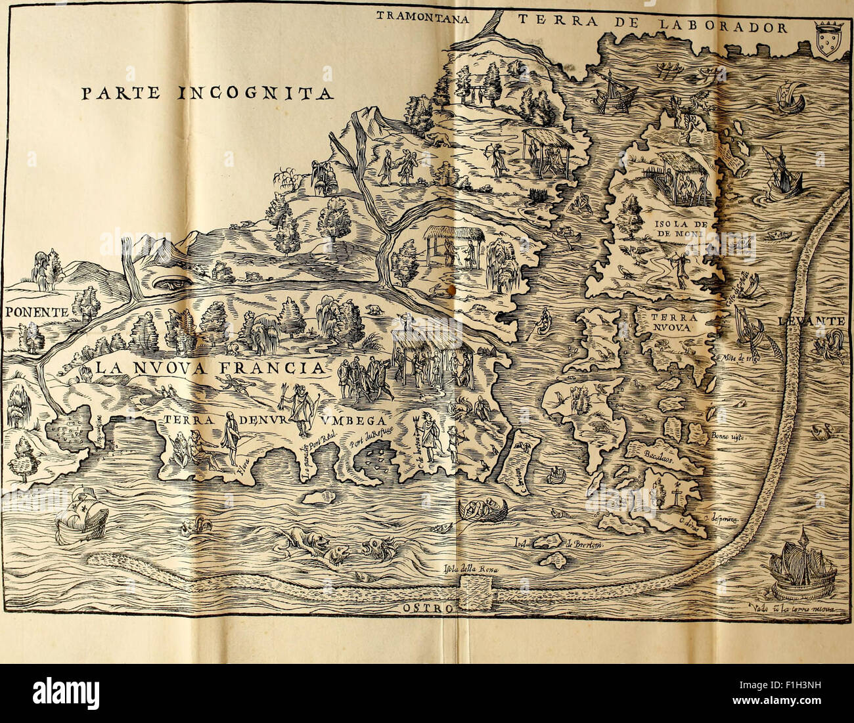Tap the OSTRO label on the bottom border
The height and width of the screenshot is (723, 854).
pyautogui.click(x=427, y=608)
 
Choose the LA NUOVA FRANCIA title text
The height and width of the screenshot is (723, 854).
pyautogui.click(x=210, y=368)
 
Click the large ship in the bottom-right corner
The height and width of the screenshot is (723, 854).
pyautogui.click(x=800, y=568)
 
